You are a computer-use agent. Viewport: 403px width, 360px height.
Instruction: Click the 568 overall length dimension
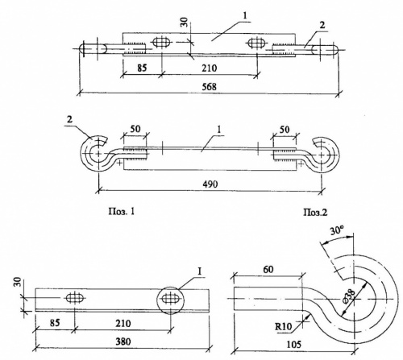tap(210, 87)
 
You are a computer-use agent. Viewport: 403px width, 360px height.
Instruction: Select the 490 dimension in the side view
tap(210, 184)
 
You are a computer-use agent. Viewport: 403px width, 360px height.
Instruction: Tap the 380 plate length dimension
tap(123, 341)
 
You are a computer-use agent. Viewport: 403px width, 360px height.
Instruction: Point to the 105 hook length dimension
tap(294, 344)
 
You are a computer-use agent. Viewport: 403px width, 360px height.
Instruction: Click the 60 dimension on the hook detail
tap(268, 269)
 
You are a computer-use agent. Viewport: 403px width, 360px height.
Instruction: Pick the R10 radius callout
tap(283, 326)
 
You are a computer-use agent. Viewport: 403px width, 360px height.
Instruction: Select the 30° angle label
tap(337, 230)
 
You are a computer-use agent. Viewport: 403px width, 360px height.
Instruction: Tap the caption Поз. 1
tap(121, 212)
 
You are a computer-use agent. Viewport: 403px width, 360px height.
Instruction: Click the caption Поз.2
tap(315, 213)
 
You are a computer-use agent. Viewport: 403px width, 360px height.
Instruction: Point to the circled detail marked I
tap(171, 300)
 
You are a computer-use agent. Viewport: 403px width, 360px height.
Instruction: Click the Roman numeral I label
tap(199, 271)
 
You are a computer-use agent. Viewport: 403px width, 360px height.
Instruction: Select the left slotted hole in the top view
tap(161, 42)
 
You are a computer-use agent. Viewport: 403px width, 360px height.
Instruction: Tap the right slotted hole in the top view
tap(256, 43)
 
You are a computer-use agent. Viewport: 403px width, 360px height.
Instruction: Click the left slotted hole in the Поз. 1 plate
tap(75, 298)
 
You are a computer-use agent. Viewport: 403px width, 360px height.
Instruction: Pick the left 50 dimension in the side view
tap(135, 129)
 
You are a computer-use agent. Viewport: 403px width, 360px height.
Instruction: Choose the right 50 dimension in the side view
tap(285, 130)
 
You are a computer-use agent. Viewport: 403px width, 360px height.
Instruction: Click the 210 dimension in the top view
tap(210, 68)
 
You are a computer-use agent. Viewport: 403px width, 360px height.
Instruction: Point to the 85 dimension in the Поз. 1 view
tap(55, 322)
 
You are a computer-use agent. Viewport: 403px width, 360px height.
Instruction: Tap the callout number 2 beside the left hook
tap(69, 119)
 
